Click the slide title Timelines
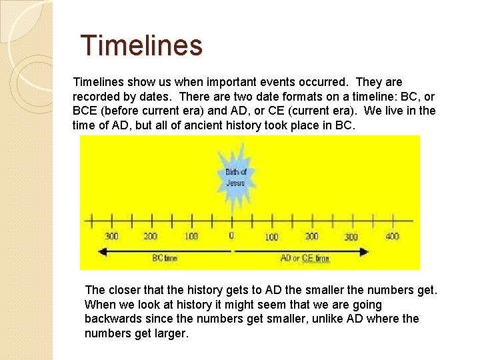pos(141,45)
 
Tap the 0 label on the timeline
pos(231,235)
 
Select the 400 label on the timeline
pos(392,236)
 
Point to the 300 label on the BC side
pos(112,236)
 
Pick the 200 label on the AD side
pos(311,236)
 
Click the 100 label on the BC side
pos(191,236)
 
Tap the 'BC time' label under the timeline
pos(165,258)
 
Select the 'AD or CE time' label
pos(305,258)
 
